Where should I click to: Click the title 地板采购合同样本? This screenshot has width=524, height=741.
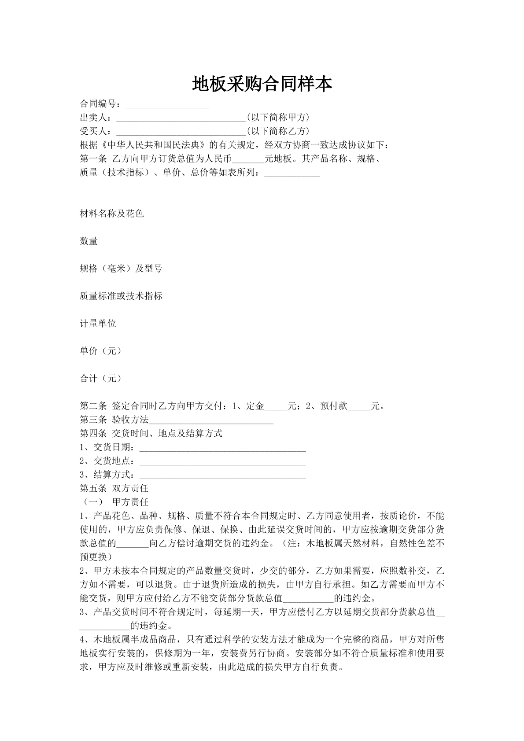pos(262,84)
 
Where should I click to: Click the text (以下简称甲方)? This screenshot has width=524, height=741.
pos(278,118)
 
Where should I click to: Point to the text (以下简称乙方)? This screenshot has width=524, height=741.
pos(278,131)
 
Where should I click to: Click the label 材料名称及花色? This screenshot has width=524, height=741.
pos(111,214)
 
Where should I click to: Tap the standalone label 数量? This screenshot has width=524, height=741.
pos(89,241)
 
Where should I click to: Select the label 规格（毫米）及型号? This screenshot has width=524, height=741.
pos(121,269)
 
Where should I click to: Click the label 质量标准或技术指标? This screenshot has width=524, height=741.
pos(121,296)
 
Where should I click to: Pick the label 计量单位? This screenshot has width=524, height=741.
pos(98,324)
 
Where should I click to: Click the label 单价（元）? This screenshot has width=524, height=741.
pos(100,351)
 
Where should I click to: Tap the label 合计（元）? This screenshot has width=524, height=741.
pos(100,378)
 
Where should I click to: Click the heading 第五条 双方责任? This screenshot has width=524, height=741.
pos(114,488)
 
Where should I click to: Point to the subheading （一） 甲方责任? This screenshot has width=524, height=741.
pos(114,502)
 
